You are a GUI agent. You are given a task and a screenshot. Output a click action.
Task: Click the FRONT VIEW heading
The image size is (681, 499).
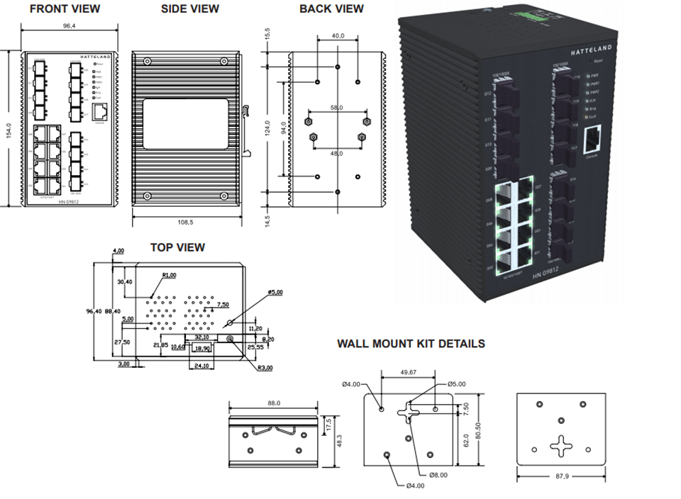pos(65,9)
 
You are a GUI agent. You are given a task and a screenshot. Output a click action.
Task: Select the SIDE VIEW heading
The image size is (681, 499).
pos(190,9)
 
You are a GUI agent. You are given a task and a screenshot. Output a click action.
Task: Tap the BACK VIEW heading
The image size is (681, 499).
pos(331,9)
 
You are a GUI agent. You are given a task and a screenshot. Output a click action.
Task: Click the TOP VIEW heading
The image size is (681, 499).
pos(177,247)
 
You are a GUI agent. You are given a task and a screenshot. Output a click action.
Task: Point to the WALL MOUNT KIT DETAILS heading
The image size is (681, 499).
pos(411,344)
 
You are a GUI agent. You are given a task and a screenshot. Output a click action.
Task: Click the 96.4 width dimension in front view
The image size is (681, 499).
pos(70,26)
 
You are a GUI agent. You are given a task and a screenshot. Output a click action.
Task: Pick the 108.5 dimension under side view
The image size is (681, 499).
pos(186,222)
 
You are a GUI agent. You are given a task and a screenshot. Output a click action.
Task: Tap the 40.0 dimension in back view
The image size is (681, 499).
pos(338,35)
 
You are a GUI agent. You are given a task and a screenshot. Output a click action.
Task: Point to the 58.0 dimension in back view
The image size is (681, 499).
pos(336,108)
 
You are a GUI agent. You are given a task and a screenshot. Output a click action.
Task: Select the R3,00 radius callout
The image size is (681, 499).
pos(267,367)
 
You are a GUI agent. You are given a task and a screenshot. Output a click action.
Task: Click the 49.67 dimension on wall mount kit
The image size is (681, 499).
pos(409,373)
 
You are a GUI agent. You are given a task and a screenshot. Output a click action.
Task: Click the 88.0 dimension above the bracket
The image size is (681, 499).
pos(274,403)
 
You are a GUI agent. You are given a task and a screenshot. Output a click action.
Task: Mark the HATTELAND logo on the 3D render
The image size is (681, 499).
pos(592,52)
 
